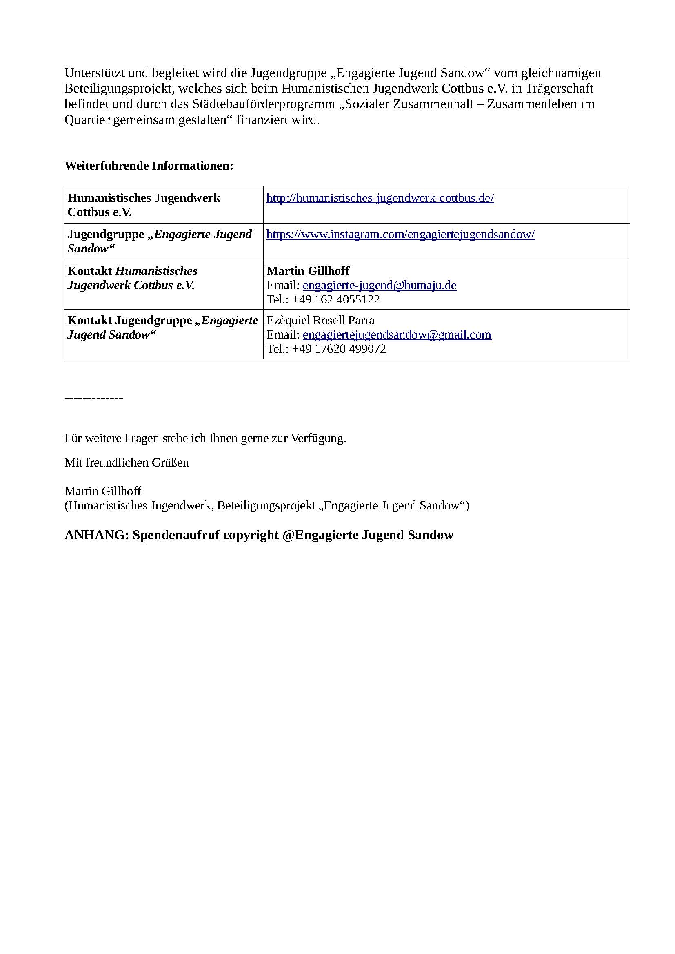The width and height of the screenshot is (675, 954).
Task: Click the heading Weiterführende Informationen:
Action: [x=149, y=166]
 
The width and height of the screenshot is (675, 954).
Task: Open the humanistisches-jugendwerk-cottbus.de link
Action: [x=380, y=198]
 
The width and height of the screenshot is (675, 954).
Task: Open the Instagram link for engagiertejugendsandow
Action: [x=400, y=235]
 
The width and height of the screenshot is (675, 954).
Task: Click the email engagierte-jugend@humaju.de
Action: [x=380, y=286]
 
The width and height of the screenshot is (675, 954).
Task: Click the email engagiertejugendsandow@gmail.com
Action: [x=397, y=335]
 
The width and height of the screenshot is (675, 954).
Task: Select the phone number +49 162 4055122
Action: [x=336, y=300]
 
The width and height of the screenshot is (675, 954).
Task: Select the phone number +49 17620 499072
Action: [x=339, y=349]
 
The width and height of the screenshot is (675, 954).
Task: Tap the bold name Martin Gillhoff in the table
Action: [x=308, y=271]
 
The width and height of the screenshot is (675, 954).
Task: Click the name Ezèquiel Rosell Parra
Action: [x=320, y=321]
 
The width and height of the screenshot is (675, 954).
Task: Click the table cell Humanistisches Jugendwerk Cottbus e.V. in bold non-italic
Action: [x=143, y=205]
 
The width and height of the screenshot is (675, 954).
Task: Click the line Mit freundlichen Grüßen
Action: [x=127, y=463]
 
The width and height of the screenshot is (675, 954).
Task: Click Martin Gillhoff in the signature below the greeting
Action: [x=103, y=491]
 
